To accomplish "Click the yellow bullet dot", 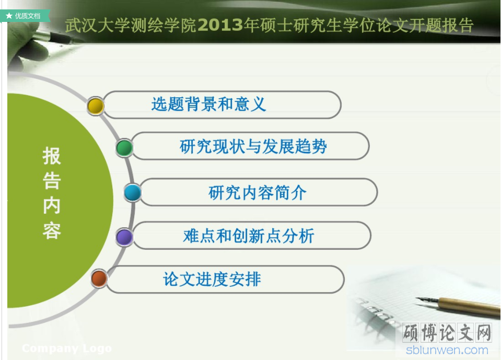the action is (x=96, y=106).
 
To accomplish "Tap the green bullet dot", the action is (x=124, y=147).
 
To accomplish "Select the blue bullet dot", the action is (x=133, y=193).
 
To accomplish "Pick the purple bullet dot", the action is (x=124, y=237).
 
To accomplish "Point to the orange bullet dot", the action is (x=99, y=278).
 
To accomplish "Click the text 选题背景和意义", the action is (x=208, y=104).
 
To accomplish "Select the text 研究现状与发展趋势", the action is (x=253, y=146).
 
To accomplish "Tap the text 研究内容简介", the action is (x=258, y=193).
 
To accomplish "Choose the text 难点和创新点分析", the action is (x=249, y=236).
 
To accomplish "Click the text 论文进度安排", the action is (x=212, y=279).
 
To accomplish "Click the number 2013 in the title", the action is (x=220, y=25).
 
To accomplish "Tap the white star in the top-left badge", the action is (x=9, y=16).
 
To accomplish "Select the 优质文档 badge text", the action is (x=28, y=16).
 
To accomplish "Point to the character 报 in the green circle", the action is (x=52, y=156).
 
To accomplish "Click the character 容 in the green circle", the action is (x=52, y=230).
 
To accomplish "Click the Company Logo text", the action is (x=67, y=348).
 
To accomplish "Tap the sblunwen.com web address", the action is (x=447, y=350).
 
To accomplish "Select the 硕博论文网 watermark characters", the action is (x=447, y=332).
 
